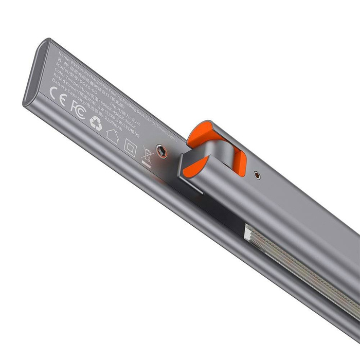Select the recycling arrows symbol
96,123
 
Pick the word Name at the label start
63,53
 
